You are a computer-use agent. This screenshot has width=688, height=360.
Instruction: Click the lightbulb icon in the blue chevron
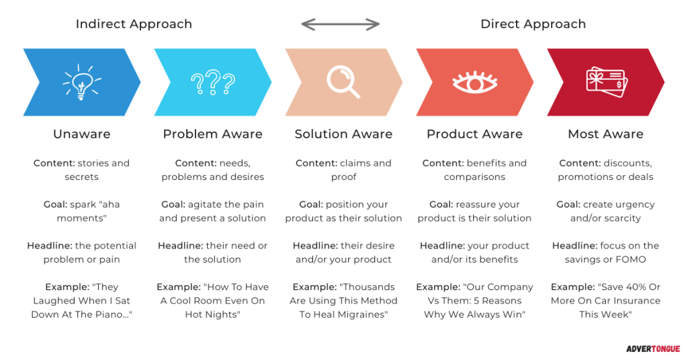[81, 82]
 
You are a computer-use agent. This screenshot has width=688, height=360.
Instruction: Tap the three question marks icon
[213, 82]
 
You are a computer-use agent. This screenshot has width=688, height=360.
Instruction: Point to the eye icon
[475, 82]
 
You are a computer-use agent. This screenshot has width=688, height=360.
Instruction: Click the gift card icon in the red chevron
[607, 82]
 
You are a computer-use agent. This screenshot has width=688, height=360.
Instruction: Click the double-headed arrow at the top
[341, 25]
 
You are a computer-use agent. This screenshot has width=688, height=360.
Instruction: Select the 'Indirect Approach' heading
[134, 24]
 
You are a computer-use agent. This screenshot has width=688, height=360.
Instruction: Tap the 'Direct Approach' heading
[533, 24]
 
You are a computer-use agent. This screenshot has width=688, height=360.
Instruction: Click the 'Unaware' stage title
[81, 134]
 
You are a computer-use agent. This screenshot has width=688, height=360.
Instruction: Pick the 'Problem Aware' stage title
[213, 134]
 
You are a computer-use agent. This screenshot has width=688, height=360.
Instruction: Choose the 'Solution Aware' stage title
[343, 134]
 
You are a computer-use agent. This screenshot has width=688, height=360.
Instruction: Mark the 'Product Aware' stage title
[475, 134]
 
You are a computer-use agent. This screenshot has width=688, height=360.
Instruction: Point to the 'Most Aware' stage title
[605, 134]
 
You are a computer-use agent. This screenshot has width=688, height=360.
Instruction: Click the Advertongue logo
[653, 349]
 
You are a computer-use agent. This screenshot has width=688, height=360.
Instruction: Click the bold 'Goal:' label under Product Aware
[441, 204]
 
